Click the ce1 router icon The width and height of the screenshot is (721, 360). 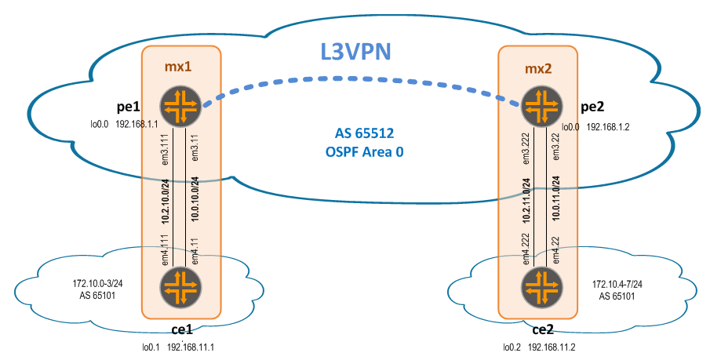coord(181,288)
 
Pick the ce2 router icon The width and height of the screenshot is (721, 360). coord(539,288)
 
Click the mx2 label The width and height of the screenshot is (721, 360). coord(538,68)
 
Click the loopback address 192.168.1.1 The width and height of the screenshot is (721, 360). coord(137,124)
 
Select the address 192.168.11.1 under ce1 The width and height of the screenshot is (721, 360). coord(189,346)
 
